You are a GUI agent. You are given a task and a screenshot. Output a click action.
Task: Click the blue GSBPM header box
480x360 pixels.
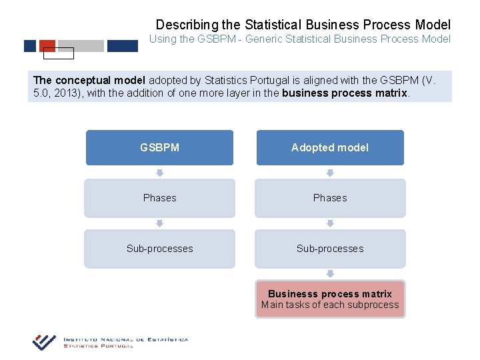(x=159, y=147)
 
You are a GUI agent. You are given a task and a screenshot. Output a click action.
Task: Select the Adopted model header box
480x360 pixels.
(x=330, y=147)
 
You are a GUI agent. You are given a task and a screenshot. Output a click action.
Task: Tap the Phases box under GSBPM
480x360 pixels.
(x=159, y=198)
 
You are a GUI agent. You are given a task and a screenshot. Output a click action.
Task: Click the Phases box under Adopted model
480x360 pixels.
(x=330, y=198)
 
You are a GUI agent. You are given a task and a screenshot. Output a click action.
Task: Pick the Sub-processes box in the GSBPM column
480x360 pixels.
(x=159, y=249)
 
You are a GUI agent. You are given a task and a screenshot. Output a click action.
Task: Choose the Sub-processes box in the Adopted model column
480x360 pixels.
(x=330, y=249)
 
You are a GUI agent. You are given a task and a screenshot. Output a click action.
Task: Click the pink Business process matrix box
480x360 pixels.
(x=330, y=299)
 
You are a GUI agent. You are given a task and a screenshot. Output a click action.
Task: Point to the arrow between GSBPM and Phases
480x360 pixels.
(x=159, y=173)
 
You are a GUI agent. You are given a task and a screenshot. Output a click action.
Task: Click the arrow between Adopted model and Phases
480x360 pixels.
(x=330, y=173)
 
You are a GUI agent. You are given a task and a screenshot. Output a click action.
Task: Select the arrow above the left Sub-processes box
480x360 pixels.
(x=159, y=223)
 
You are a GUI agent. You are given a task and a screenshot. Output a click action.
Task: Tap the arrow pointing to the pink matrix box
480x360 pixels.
(x=330, y=273)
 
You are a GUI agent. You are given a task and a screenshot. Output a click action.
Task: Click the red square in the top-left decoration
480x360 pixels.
(x=47, y=46)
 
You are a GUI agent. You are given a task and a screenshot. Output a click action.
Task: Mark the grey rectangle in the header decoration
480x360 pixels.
(x=81, y=46)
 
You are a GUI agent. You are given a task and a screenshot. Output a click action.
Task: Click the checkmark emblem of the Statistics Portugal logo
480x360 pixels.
(x=44, y=342)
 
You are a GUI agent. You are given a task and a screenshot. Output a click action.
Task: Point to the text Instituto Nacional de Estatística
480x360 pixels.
(x=125, y=339)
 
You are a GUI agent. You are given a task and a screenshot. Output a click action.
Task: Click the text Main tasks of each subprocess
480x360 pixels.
(x=330, y=305)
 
